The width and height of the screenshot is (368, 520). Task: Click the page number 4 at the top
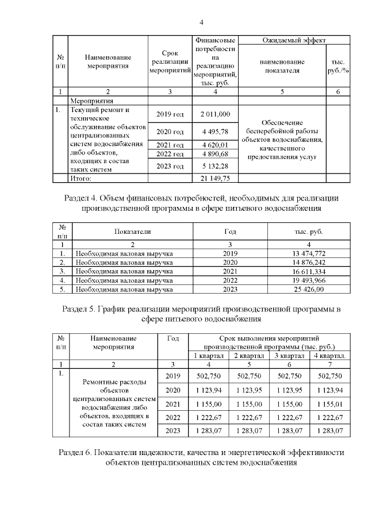point(201,22)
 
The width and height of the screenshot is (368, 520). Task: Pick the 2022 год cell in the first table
point(170,154)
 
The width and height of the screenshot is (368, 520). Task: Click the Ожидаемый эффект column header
point(294,41)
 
